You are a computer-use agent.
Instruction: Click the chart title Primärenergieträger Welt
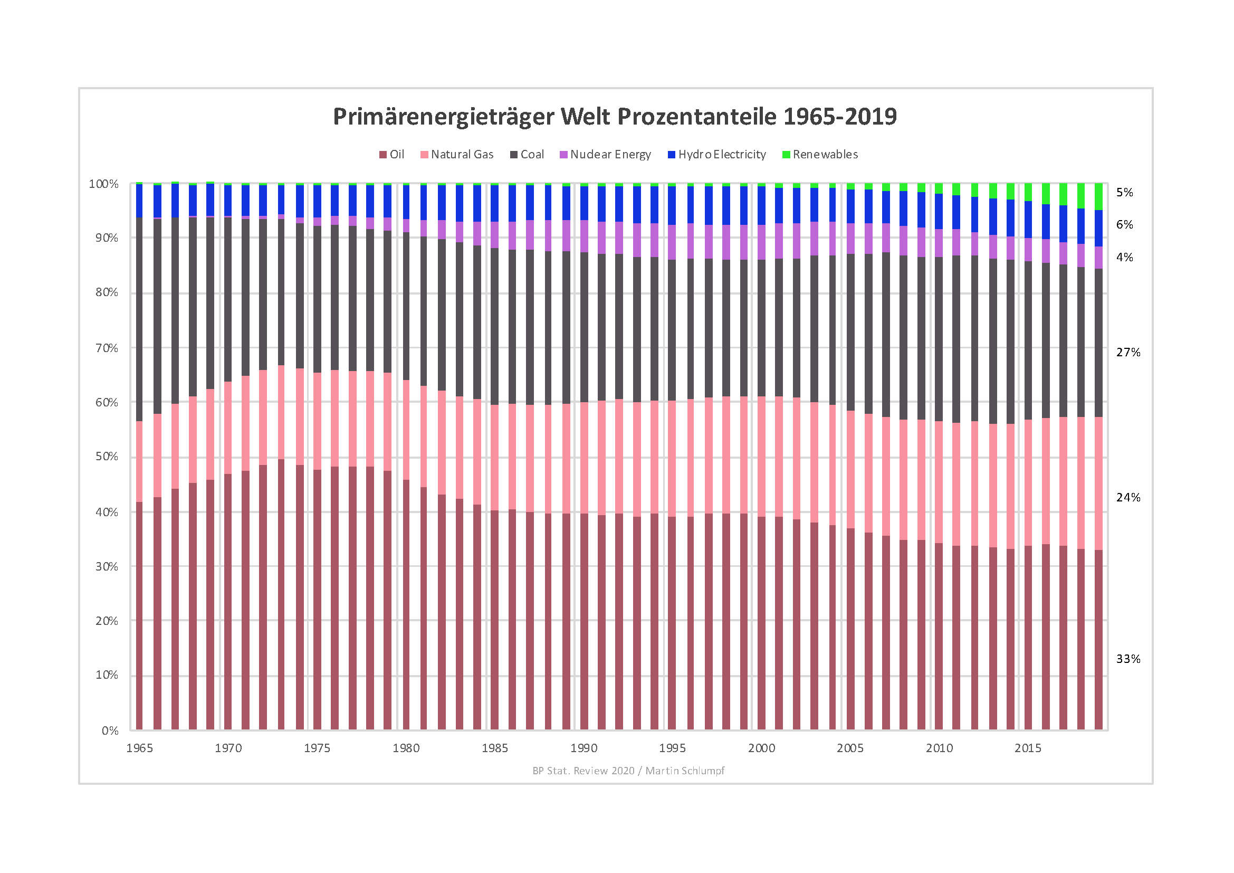(x=615, y=117)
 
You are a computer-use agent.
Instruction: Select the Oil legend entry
(x=392, y=155)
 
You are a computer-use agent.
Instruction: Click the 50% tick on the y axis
(x=107, y=457)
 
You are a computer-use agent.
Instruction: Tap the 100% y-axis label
(x=104, y=184)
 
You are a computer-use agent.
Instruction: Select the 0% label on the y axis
(x=110, y=730)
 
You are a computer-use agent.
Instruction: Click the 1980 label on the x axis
(x=406, y=748)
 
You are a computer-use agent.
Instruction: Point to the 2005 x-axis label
(x=850, y=748)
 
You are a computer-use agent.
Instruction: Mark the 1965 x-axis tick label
(x=140, y=748)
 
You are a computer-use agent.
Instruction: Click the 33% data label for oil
(x=1128, y=659)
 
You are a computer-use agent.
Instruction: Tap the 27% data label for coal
(x=1128, y=353)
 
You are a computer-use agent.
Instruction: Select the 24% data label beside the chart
(x=1128, y=498)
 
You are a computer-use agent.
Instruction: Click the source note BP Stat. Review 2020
(x=628, y=771)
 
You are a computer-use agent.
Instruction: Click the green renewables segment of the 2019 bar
(x=1098, y=197)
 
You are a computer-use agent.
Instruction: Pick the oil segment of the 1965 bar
(x=140, y=618)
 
